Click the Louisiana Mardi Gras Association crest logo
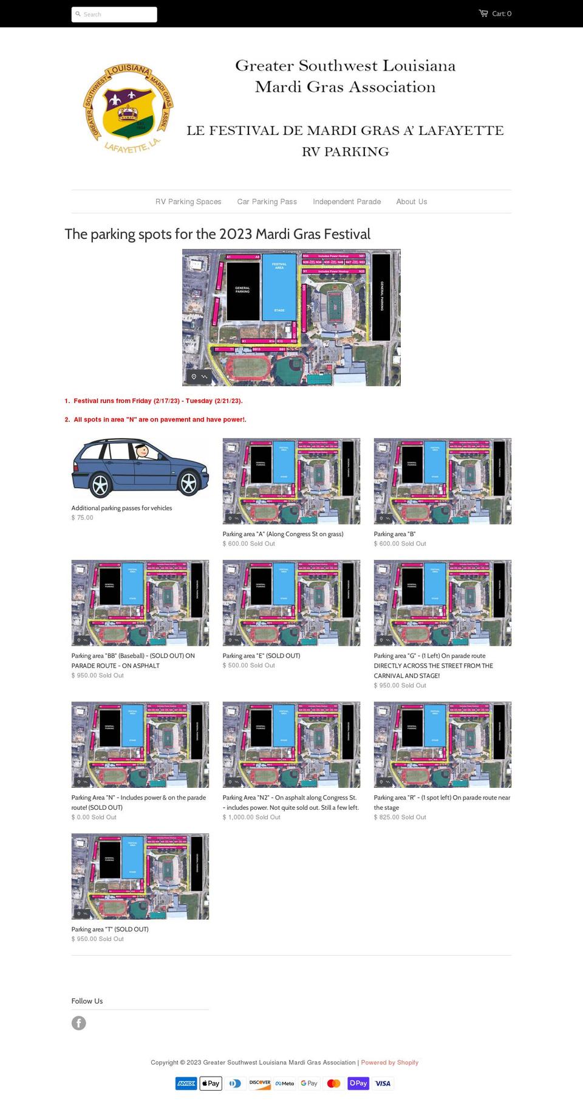click(x=129, y=108)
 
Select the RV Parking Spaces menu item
click(x=188, y=202)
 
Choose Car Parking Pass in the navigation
click(x=267, y=202)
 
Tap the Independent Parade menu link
click(x=347, y=202)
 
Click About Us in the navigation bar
click(x=411, y=202)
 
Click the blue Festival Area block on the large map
click(x=279, y=287)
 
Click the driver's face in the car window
click(x=142, y=451)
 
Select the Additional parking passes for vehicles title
click(x=121, y=508)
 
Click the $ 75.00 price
click(x=83, y=518)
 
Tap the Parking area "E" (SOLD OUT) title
click(x=261, y=656)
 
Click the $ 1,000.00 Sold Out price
click(x=251, y=818)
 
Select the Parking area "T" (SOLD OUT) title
click(x=110, y=929)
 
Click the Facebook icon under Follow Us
click(x=79, y=1023)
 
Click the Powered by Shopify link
click(x=389, y=1063)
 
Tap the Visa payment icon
click(x=383, y=1083)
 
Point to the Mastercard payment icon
click(x=333, y=1083)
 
